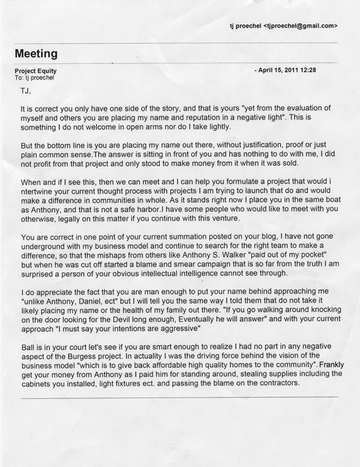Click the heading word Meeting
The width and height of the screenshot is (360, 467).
click(x=36, y=53)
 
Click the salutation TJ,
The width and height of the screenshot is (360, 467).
click(x=26, y=91)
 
